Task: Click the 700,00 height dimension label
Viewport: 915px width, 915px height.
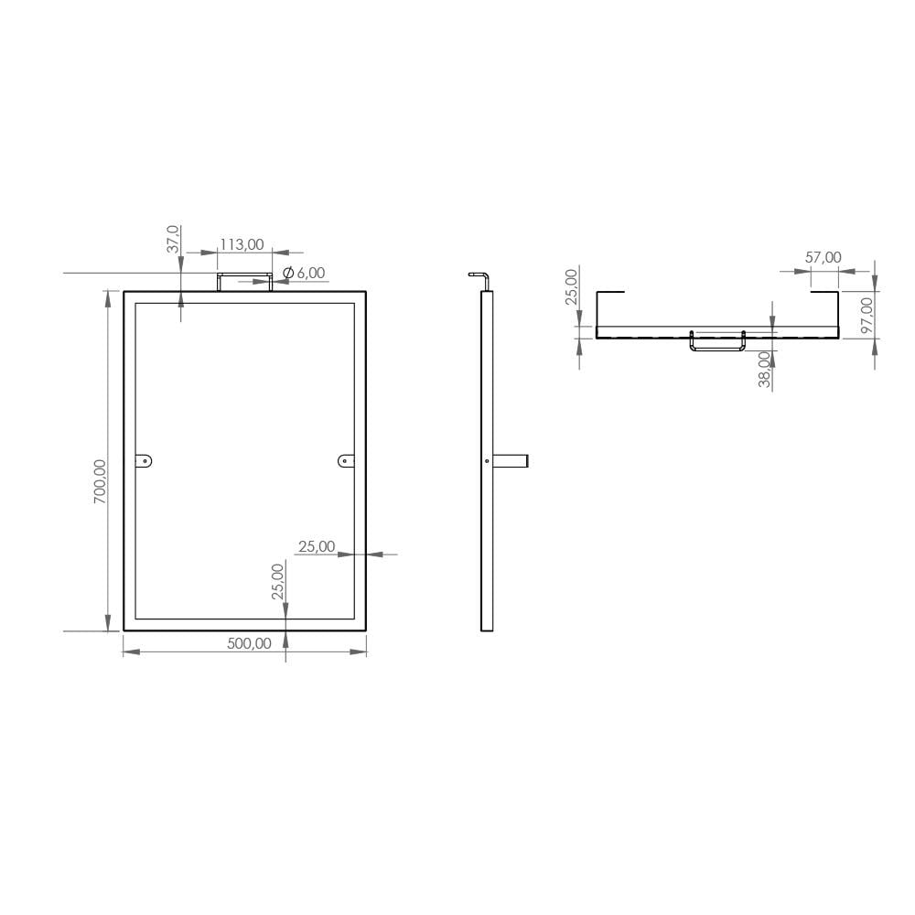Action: (x=101, y=481)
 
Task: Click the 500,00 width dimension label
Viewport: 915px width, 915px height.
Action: (x=249, y=643)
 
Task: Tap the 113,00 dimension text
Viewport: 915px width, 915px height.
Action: (x=242, y=244)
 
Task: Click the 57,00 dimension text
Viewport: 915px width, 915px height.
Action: (x=823, y=258)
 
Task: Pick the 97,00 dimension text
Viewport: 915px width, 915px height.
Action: (x=867, y=315)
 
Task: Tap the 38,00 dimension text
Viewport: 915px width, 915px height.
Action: (x=764, y=371)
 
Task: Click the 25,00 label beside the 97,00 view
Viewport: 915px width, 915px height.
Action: (x=572, y=286)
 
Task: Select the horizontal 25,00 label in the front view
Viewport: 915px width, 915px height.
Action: (x=317, y=546)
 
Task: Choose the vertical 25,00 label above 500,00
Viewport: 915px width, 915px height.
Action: (x=278, y=581)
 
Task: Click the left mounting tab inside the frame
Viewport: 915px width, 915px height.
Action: (x=145, y=461)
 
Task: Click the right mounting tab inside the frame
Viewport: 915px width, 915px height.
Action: (x=345, y=461)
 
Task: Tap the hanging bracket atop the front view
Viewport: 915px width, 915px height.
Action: (x=244, y=280)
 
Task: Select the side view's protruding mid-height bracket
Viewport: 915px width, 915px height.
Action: (x=511, y=461)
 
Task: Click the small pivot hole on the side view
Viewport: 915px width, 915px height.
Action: (x=487, y=461)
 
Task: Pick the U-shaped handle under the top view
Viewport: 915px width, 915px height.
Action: (x=717, y=343)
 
